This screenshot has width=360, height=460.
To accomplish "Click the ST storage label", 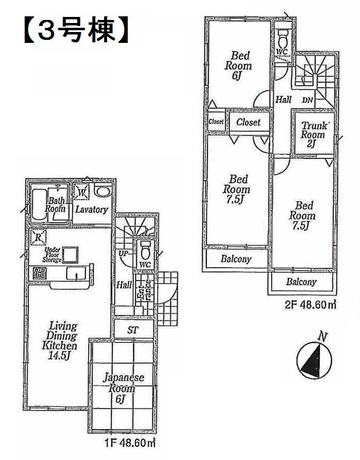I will tap(133, 330).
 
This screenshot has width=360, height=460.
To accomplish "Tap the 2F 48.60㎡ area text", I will tap(310, 305).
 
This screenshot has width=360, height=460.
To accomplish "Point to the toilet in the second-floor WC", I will tap(282, 38).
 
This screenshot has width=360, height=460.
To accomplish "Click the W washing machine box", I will tap(82, 193).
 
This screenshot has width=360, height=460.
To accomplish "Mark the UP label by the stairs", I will tap(123, 254).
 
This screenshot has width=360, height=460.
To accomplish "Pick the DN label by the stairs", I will tap(307, 100).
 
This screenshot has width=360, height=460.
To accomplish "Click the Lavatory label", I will tap(92, 210).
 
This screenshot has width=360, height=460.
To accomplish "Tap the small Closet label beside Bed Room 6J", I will tap(216, 122).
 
